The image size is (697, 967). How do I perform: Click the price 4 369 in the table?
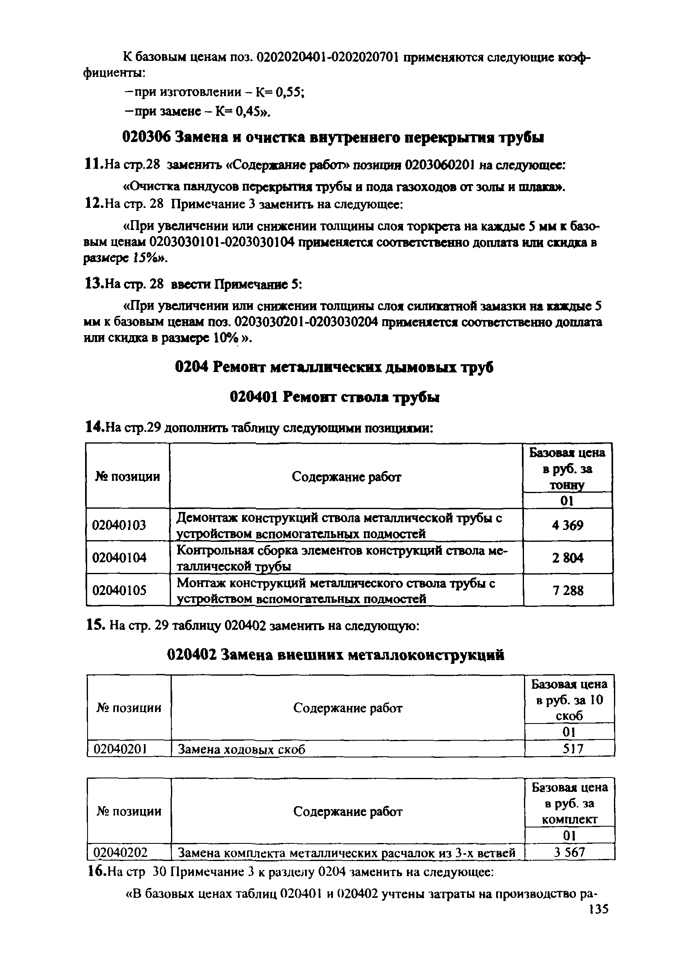click(567, 525)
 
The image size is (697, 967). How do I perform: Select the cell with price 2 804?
click(567, 557)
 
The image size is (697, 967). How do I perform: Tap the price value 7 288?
click(567, 590)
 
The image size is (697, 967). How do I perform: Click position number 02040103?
click(119, 525)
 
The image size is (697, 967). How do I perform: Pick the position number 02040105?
click(119, 590)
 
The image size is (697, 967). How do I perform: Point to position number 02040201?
click(120, 749)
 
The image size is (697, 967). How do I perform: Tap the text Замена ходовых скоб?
click(241, 749)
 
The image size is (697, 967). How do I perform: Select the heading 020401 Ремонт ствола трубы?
click(335, 397)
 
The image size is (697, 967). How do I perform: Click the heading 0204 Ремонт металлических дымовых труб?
click(334, 367)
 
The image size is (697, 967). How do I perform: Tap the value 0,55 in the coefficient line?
click(289, 92)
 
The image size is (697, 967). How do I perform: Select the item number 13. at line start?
click(93, 284)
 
